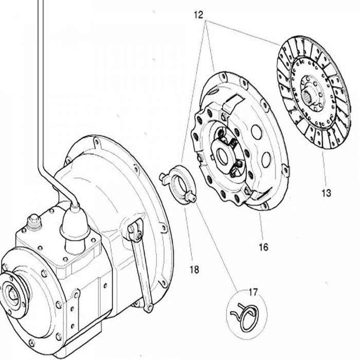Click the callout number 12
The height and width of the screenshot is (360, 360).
click(x=199, y=15)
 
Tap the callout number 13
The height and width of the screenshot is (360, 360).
click(x=326, y=193)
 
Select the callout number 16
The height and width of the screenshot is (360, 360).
click(x=263, y=247)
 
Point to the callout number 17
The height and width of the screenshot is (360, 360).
click(x=253, y=293)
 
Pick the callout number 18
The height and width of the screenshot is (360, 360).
click(x=194, y=269)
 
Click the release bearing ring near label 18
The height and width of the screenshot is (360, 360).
click(x=183, y=184)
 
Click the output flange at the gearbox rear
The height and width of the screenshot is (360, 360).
click(x=13, y=295)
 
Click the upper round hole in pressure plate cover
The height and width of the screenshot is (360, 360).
click(x=257, y=132)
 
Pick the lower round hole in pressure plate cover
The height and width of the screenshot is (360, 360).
click(x=266, y=159)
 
